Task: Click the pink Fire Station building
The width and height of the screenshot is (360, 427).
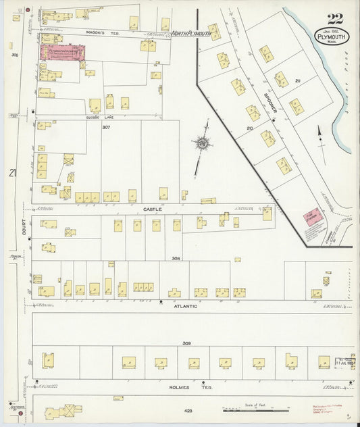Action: pos(312,220)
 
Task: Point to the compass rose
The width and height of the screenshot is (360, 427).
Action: pos(201,143)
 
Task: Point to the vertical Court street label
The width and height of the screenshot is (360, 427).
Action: pos(23,230)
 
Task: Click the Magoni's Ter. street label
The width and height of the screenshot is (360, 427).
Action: pos(102,32)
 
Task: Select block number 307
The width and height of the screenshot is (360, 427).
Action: pos(106,127)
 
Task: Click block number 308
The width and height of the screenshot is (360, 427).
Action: pos(177,258)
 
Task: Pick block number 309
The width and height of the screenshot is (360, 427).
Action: pos(186,344)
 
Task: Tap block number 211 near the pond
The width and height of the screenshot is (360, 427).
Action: pos(298,80)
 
